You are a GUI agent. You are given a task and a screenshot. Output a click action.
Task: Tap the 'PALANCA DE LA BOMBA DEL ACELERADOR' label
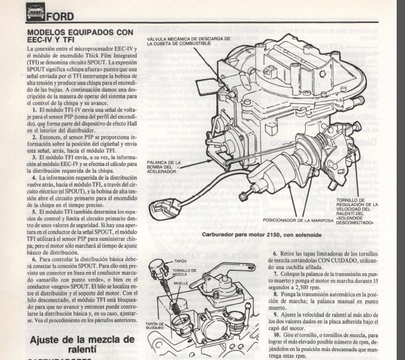coord(164,166)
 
